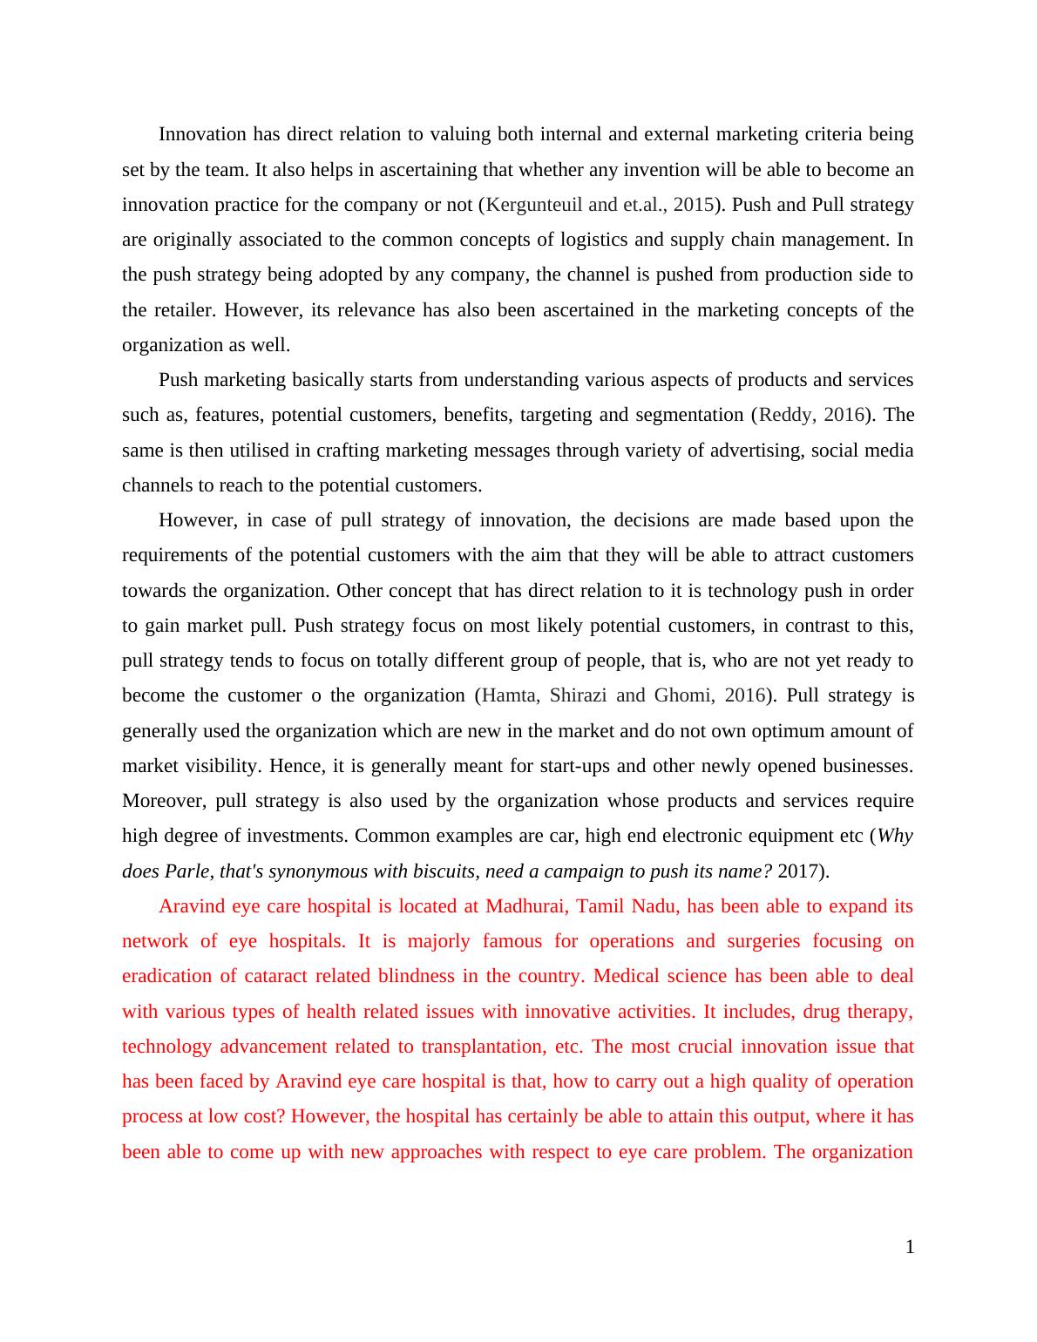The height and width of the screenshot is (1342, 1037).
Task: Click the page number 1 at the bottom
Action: pyautogui.click(x=909, y=1247)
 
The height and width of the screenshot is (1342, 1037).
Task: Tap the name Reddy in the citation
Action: pyautogui.click(x=784, y=415)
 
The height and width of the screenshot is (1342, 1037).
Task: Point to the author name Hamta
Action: pyautogui.click(x=509, y=695)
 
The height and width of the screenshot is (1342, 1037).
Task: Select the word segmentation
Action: pyautogui.click(x=689, y=415)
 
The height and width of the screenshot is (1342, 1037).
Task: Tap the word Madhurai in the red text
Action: pyautogui.click(x=526, y=906)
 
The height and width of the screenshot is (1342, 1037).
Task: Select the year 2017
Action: pyautogui.click(x=797, y=871)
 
